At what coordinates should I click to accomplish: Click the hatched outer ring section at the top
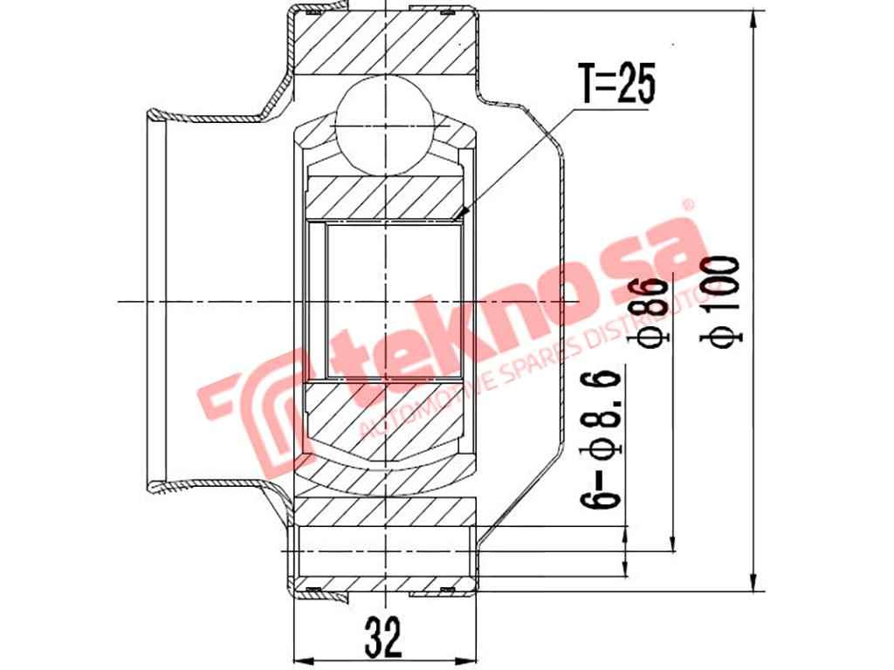click(384, 44)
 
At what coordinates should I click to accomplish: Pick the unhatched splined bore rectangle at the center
click(393, 301)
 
